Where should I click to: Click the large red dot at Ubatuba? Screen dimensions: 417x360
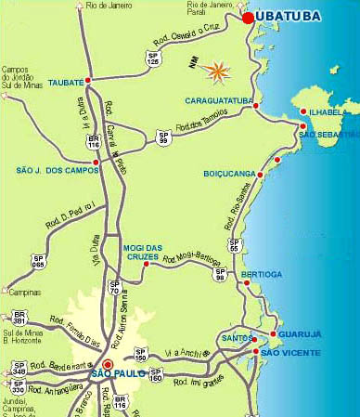[248, 17]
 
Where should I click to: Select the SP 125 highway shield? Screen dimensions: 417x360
[153, 59]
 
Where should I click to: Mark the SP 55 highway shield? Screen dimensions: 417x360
[235, 247]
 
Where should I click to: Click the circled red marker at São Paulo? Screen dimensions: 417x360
[108, 365]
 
